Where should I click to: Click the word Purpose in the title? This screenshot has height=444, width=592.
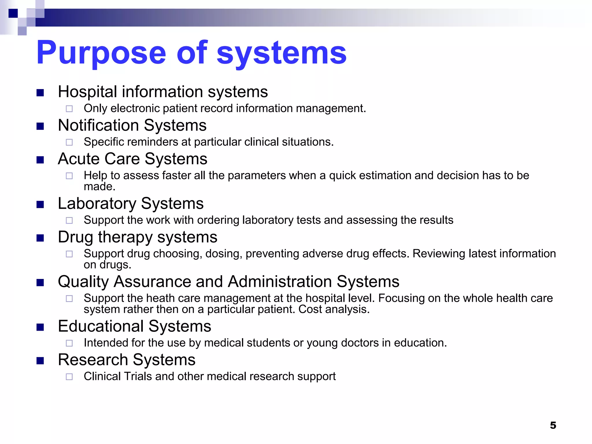pos(101,53)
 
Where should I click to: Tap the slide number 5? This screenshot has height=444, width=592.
pos(553,425)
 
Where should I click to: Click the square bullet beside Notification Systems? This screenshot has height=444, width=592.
pos(40,126)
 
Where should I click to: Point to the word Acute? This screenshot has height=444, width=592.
pos(79,159)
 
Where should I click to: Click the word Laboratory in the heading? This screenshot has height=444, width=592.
pos(97,203)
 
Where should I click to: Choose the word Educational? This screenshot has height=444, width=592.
pos(101,326)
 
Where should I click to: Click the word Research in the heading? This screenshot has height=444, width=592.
pos(93,360)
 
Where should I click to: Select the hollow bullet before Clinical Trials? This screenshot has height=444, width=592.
pos(69,377)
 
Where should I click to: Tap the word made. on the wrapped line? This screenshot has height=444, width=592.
pos(99,187)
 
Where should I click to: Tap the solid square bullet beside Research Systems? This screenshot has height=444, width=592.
pos(40,360)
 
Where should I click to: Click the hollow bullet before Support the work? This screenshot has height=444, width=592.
pos(69,221)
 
